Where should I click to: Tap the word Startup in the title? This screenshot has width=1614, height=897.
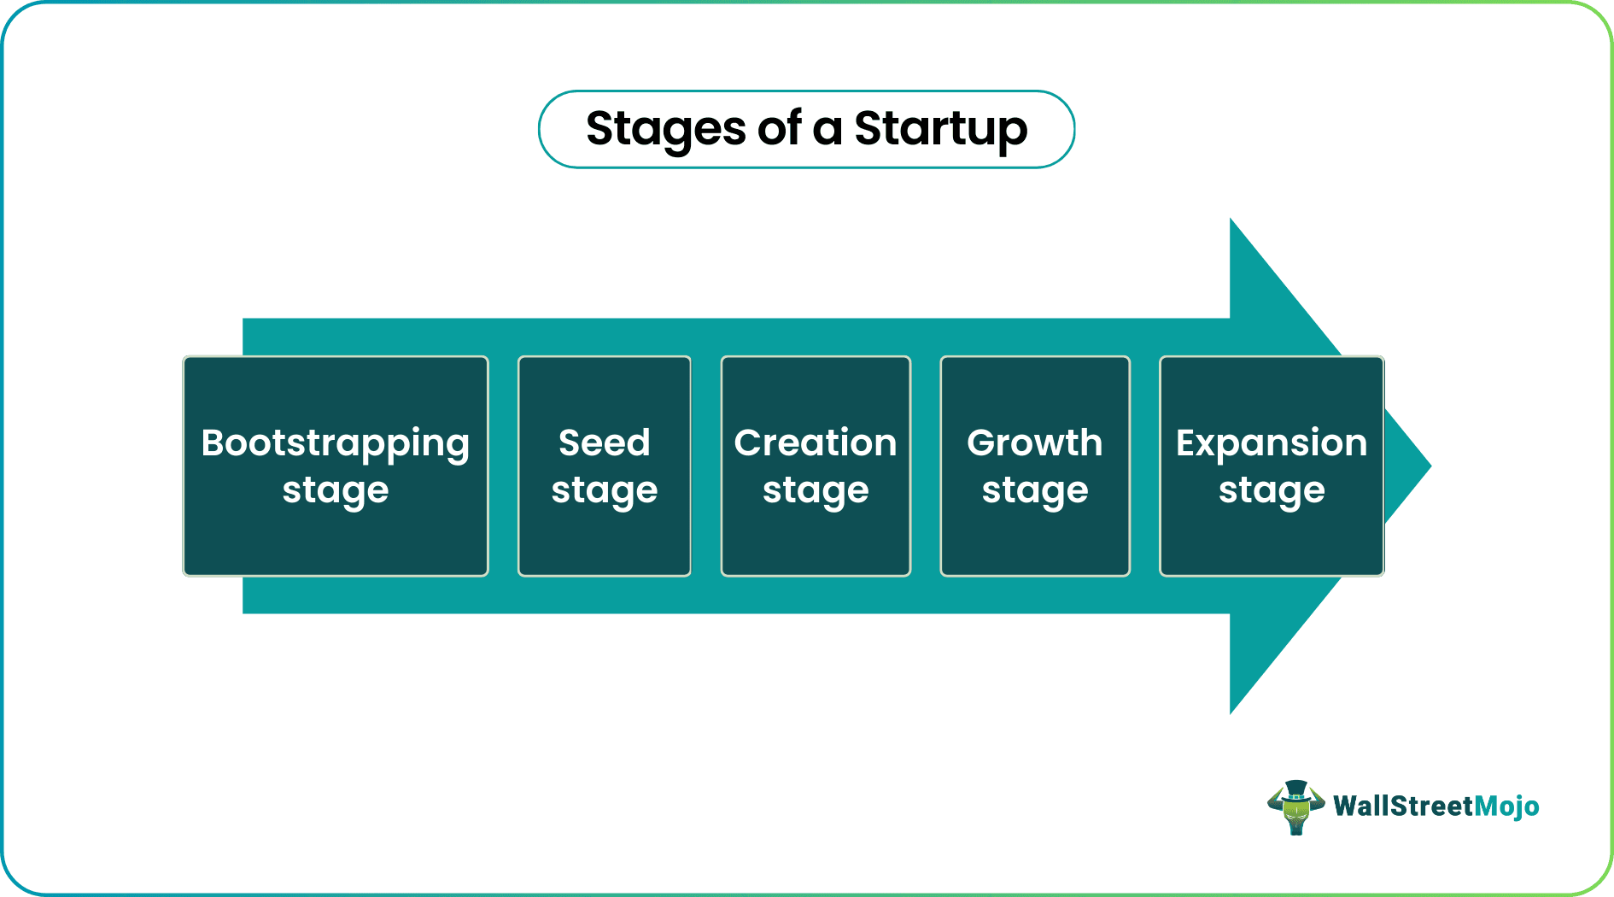coord(940,129)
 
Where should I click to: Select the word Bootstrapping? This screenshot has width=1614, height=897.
coord(336,443)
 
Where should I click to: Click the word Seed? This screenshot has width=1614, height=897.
coord(605,443)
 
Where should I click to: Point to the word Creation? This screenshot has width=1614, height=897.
coord(816,443)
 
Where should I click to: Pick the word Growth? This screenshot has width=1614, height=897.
coord(1034,443)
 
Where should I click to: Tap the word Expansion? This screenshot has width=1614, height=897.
coord(1272,443)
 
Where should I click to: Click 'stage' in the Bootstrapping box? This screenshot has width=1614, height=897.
coord(336,491)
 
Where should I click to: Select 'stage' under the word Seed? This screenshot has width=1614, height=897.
coord(605,491)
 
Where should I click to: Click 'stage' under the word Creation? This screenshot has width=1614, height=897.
coord(816,491)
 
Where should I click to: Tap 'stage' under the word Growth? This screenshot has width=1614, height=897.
coord(1034,491)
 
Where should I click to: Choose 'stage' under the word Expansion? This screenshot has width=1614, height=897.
coord(1272,491)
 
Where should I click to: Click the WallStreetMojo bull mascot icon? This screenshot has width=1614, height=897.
coord(1295,807)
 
